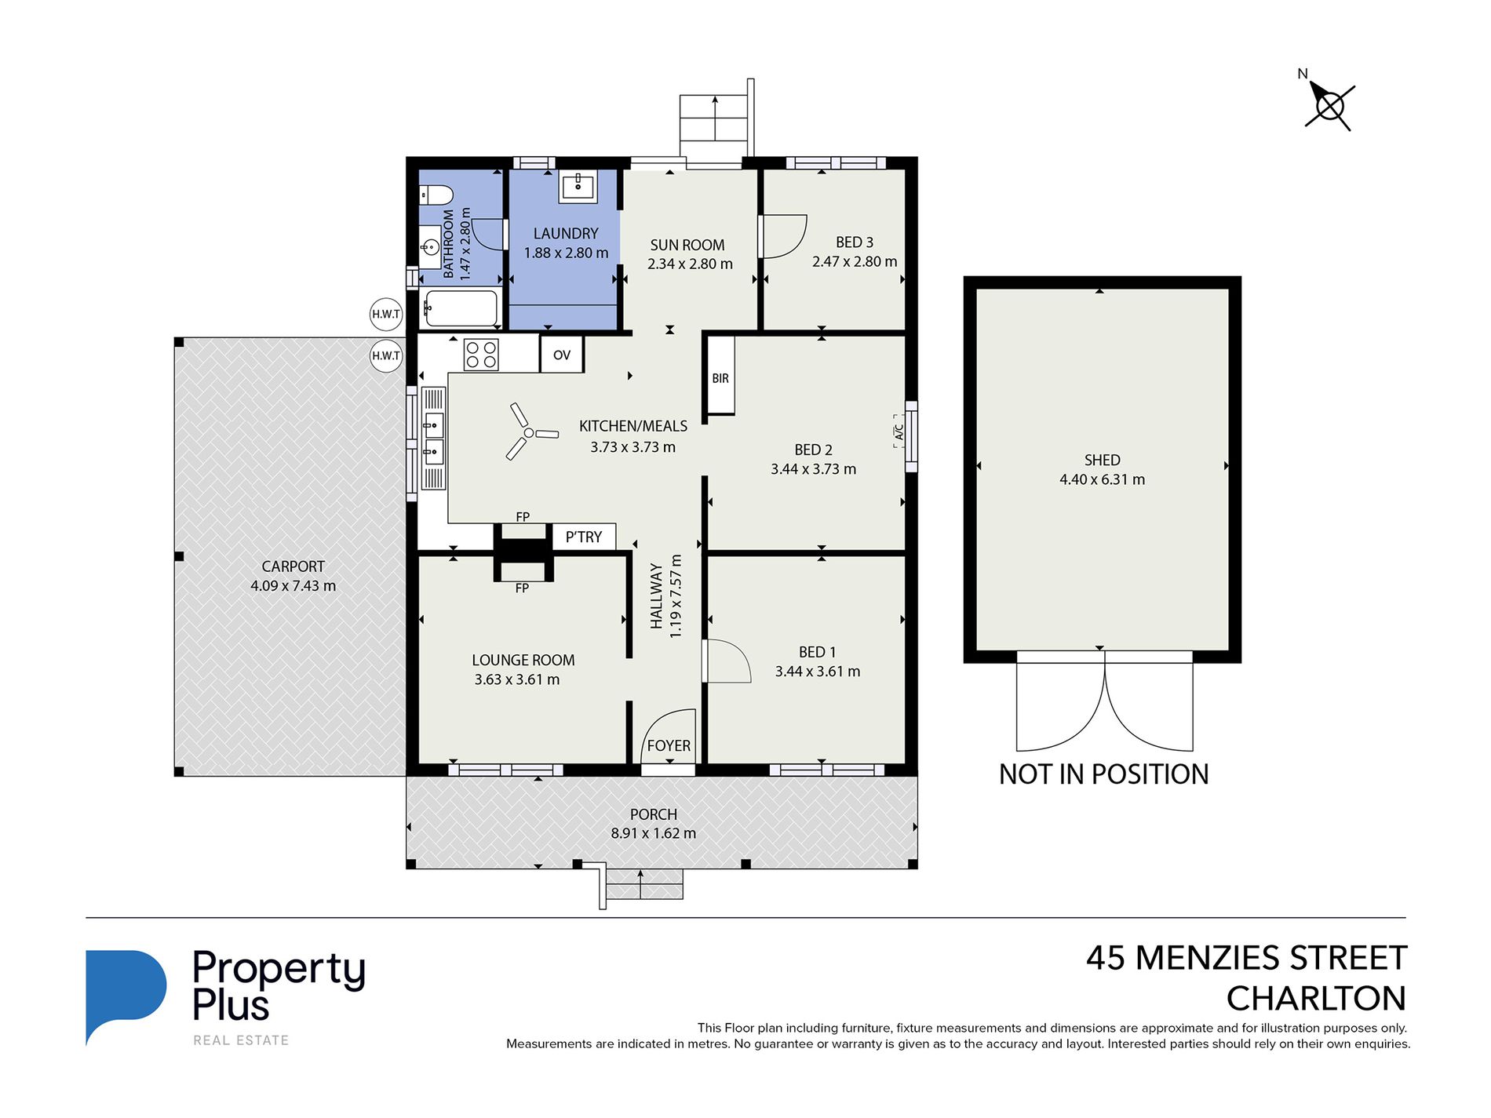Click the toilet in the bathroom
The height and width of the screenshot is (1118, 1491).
pyautogui.click(x=436, y=194)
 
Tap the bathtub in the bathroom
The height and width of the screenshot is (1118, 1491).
pyautogui.click(x=461, y=308)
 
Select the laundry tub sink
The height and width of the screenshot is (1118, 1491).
pyautogui.click(x=578, y=186)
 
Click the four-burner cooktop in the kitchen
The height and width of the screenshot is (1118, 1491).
pyautogui.click(x=481, y=354)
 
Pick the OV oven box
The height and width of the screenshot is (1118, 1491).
pyautogui.click(x=562, y=355)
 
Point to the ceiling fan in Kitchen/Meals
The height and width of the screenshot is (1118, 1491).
pyautogui.click(x=530, y=432)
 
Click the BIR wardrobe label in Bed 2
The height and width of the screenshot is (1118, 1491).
pyautogui.click(x=720, y=378)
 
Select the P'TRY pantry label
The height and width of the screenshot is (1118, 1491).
pyautogui.click(x=584, y=537)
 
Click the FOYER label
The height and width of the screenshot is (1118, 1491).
pyautogui.click(x=669, y=746)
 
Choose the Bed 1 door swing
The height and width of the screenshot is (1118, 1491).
pyautogui.click(x=727, y=661)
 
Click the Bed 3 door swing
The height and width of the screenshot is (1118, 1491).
pyautogui.click(x=782, y=236)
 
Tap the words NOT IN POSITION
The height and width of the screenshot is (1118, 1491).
pyautogui.click(x=1103, y=774)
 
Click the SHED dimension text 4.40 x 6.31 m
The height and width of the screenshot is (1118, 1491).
pyautogui.click(x=1102, y=479)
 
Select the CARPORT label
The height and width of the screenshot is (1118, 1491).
pyautogui.click(x=293, y=566)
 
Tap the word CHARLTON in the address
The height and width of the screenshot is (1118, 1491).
pyautogui.click(x=1316, y=999)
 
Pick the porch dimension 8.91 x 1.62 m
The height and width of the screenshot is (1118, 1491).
pyautogui.click(x=653, y=833)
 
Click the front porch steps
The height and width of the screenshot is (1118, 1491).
pyautogui.click(x=642, y=885)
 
